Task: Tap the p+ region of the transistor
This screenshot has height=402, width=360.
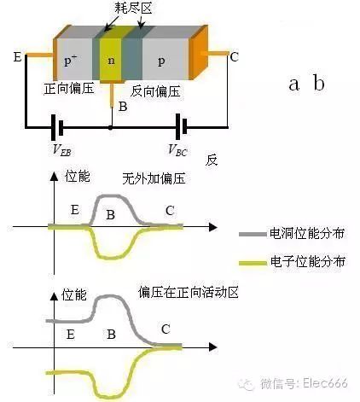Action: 73,62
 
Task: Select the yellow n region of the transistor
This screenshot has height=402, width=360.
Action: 111,61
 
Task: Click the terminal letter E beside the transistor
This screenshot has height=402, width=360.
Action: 18,57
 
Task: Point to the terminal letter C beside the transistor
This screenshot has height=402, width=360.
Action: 234,57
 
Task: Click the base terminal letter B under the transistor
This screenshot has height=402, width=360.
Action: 123,107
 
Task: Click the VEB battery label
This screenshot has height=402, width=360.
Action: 61,151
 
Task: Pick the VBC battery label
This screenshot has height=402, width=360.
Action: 177,151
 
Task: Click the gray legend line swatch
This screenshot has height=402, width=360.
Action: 253,232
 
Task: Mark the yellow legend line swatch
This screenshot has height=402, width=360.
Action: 253,264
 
